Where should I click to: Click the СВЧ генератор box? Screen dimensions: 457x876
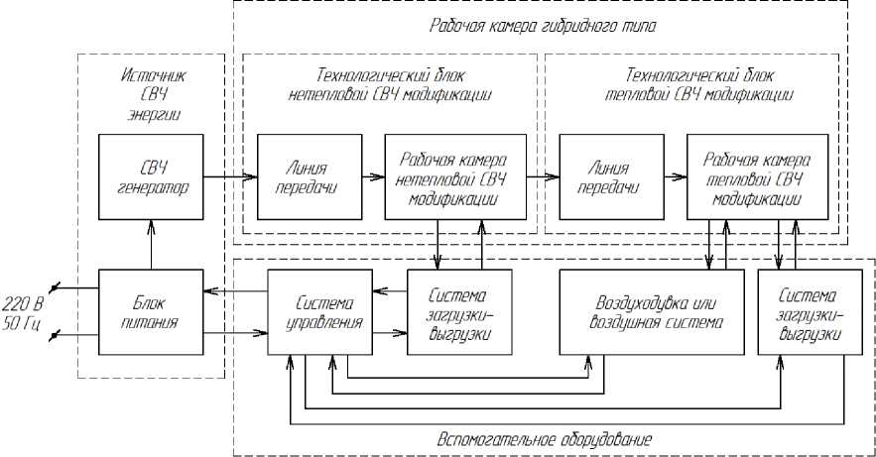(150, 176)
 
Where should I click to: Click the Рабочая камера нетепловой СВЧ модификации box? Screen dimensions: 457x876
(453, 176)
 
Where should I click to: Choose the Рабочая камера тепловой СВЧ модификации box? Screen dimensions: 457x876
(757, 176)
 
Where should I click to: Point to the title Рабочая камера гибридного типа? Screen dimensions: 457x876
(543, 22)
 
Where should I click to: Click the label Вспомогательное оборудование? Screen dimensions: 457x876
(545, 437)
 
